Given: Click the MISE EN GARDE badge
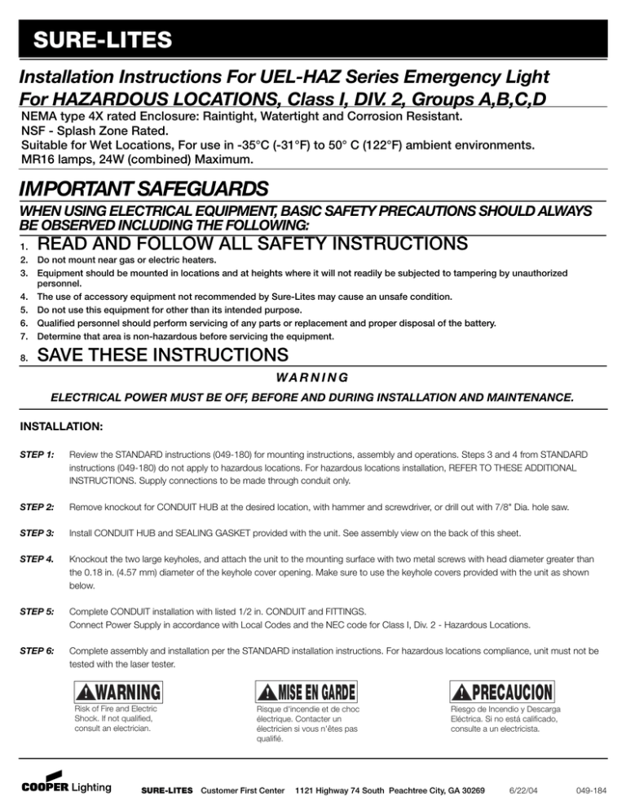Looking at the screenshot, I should tap(306, 693).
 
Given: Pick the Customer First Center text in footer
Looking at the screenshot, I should tap(239, 790).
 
